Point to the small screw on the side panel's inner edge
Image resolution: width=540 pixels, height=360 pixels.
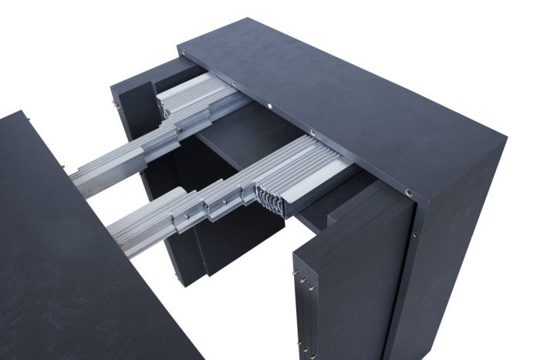coord(415,232)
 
